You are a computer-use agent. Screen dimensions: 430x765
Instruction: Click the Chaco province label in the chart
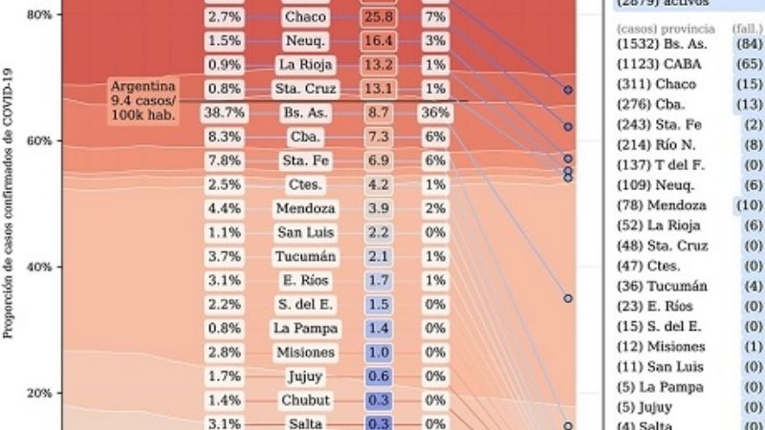pyautogui.click(x=305, y=17)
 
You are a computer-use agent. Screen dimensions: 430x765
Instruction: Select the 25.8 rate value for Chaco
pyautogui.click(x=378, y=17)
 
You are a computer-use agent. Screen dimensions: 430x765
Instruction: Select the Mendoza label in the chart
pyautogui.click(x=305, y=207)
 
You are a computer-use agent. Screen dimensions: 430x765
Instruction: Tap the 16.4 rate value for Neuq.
pyautogui.click(x=378, y=41)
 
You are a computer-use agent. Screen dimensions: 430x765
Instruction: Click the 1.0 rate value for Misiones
pyautogui.click(x=378, y=353)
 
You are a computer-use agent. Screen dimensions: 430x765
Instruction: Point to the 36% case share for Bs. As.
pyautogui.click(x=435, y=112)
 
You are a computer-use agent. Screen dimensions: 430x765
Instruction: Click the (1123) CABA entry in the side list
pyautogui.click(x=658, y=64)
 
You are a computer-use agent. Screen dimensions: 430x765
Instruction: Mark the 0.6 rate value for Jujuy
pyautogui.click(x=378, y=376)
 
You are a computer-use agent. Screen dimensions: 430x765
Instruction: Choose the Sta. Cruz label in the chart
pyautogui.click(x=305, y=89)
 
